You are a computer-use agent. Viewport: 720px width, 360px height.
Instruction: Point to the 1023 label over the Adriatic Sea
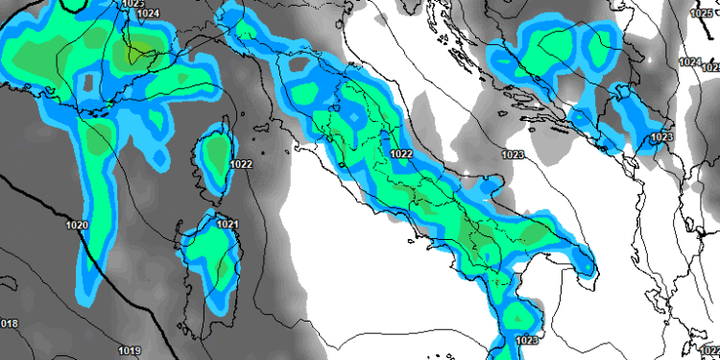point(513,154)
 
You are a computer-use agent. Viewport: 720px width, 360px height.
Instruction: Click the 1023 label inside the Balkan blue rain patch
point(661,137)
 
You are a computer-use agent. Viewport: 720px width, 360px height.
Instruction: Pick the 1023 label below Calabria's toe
point(526,340)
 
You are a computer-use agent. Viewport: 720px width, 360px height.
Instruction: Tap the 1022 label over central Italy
point(401,154)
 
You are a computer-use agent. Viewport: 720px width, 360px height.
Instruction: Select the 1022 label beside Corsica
point(241,164)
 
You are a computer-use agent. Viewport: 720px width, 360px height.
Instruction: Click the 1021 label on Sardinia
point(228,225)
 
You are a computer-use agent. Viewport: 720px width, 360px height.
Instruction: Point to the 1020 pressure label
point(78,226)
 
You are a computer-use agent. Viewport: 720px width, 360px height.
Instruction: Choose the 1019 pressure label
point(131,349)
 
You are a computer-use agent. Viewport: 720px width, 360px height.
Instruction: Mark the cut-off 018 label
point(9,324)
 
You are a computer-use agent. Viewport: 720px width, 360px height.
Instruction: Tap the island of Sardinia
point(209,264)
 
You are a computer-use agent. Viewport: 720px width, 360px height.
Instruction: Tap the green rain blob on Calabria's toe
point(521,315)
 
